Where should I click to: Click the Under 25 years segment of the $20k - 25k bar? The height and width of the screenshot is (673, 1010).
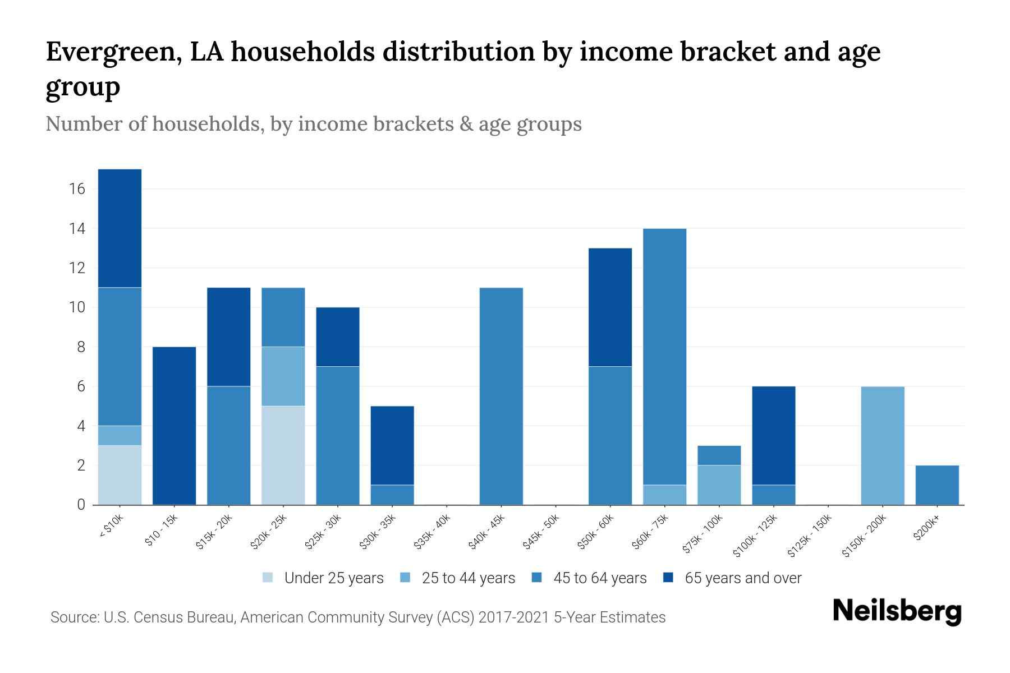[283, 455]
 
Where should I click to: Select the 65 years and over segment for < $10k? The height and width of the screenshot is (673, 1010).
[120, 228]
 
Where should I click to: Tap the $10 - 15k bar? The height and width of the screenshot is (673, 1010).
[174, 426]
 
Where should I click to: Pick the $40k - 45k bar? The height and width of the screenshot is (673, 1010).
[502, 396]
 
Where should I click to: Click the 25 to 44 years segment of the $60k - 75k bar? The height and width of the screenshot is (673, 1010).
[665, 495]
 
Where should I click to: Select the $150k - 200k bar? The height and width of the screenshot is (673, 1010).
[883, 445]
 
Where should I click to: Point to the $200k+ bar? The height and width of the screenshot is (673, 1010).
[937, 485]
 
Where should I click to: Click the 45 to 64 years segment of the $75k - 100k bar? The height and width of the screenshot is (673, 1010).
[719, 455]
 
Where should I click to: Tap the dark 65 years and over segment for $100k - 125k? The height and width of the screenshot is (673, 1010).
[774, 435]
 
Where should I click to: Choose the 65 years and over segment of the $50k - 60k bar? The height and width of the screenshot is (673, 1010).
[610, 307]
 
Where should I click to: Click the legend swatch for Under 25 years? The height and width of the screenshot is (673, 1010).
[268, 578]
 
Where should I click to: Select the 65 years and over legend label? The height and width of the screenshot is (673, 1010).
[743, 578]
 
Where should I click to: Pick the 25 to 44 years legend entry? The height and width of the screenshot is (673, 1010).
[468, 578]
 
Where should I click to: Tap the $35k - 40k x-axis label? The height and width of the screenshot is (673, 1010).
[433, 534]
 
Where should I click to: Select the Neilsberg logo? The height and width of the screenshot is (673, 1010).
[897, 611]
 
